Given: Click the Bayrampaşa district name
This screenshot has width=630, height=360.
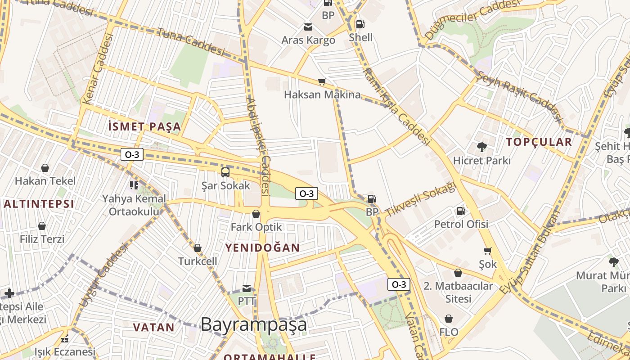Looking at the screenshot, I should pos(254,324).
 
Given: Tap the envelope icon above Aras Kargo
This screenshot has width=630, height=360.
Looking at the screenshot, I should pos(308,27).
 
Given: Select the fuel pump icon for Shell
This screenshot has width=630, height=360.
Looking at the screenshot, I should pos(360,24).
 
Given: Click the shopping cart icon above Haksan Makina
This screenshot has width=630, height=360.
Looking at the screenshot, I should pos(322,82).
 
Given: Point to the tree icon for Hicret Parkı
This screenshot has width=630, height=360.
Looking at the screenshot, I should pos(481,147).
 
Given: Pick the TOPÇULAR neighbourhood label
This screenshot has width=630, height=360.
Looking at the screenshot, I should pos(539,142).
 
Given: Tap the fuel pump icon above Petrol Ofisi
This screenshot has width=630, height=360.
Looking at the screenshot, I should pos(461,211).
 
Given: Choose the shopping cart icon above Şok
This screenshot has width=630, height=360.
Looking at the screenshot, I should pos(487,251).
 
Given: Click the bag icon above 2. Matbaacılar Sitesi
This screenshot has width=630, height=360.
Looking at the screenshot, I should pos(458,273).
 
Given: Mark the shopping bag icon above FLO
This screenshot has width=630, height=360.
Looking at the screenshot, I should pos(449,319).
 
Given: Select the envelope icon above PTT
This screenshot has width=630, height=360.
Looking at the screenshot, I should pos(247,288).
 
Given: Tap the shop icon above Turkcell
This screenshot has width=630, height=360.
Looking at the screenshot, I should pos(197,248).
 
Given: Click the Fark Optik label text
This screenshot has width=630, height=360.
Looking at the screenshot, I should pos(256,227).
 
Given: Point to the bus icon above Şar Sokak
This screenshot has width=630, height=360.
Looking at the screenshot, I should pos(225,172).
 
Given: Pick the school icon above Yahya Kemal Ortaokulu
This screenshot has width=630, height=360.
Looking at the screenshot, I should pos(134,185).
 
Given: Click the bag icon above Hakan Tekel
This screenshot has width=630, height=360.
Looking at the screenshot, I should pos(45,168).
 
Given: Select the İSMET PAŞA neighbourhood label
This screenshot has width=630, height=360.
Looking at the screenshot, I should pos(144,126).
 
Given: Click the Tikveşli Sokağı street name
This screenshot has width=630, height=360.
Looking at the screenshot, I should pos(420,198).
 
